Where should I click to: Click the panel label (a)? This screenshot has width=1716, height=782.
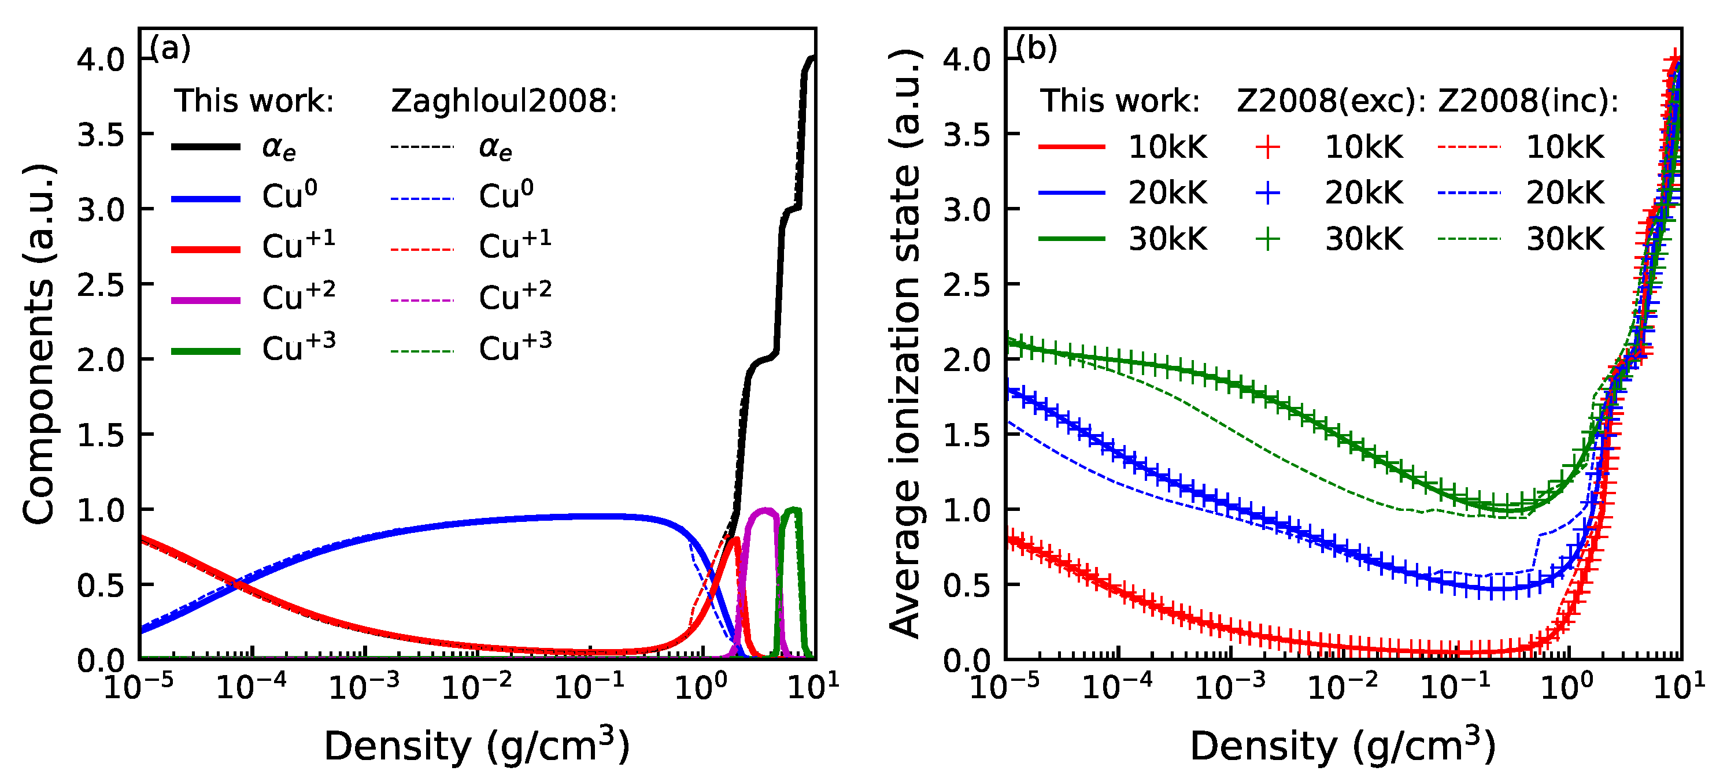click(171, 49)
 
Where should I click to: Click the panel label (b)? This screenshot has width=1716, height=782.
click(1037, 49)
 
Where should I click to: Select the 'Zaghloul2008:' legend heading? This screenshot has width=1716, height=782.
click(504, 101)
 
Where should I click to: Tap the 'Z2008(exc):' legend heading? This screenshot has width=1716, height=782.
click(1331, 101)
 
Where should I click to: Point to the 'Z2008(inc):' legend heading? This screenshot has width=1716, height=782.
click(1528, 101)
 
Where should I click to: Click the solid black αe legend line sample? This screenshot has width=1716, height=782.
click(206, 147)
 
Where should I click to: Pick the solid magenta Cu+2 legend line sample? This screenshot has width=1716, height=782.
click(206, 301)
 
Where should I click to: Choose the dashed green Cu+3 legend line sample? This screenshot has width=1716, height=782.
click(422, 351)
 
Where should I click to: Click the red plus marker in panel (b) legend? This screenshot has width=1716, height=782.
click(1268, 147)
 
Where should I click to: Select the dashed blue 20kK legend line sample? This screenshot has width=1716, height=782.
click(1469, 193)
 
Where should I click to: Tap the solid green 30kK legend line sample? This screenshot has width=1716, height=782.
click(1072, 239)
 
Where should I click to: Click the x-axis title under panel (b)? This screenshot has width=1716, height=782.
click(1343, 746)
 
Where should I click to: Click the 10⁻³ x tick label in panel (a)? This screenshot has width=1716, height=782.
click(364, 687)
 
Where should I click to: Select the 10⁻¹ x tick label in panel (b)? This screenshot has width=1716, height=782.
click(1456, 687)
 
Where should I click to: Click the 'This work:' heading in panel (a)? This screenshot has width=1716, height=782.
click(254, 101)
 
